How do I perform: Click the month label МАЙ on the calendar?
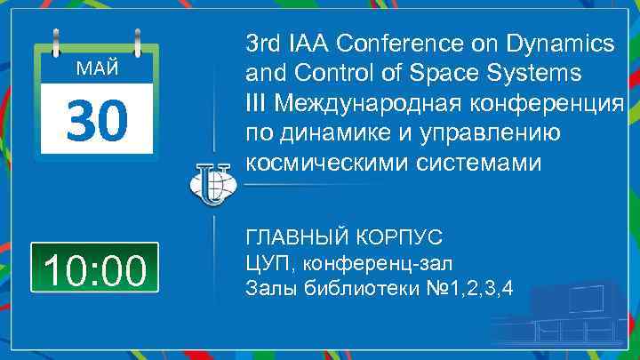pos(95,69)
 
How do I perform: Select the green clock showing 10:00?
pos(95,268)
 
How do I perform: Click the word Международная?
pos(364,103)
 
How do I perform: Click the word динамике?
pos(324,133)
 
